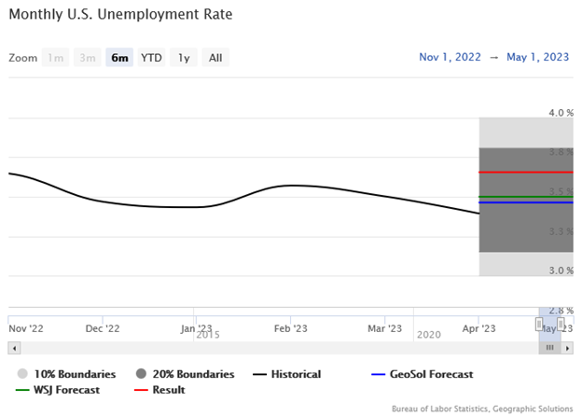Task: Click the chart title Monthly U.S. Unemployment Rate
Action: tap(120, 15)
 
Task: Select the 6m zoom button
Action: tap(119, 58)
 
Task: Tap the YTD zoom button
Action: tap(151, 58)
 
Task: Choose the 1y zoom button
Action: tap(184, 58)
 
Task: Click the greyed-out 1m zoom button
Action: tap(56, 58)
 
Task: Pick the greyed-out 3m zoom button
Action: tap(88, 58)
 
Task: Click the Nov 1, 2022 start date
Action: tap(450, 57)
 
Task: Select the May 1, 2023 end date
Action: tap(538, 57)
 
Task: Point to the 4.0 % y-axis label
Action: tap(561, 113)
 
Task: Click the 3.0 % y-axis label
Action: tap(561, 270)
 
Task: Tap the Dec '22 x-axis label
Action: tap(102, 328)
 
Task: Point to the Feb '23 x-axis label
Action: tap(290, 328)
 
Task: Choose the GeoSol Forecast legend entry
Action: tap(429, 374)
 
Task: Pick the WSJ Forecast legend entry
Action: tap(64, 390)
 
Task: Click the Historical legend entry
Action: tap(295, 374)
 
